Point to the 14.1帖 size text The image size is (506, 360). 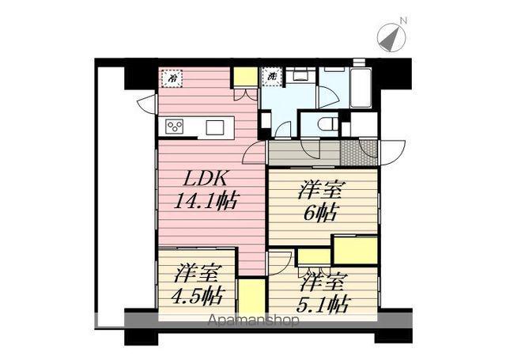pos(206,200)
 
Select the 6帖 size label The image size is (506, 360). pos(319,213)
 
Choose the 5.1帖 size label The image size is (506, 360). pos(326,301)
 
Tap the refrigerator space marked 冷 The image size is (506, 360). pos(170,79)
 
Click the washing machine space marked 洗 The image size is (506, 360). pos(270,78)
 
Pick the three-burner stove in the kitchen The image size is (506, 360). pos(175,127)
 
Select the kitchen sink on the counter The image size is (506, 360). pos(215,127)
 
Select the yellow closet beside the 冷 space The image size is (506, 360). pos(244,78)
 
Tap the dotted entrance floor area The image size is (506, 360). pos(350,150)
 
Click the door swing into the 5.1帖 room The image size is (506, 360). pos(279,262)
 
